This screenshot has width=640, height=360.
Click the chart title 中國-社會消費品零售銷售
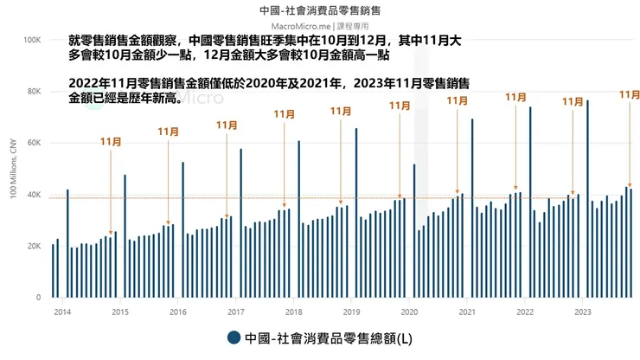[320, 11]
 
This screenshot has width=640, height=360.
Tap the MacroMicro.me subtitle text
[320, 26]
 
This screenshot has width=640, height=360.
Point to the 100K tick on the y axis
[31, 40]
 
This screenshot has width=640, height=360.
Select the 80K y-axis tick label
[34, 92]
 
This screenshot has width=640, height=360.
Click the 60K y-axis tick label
[34, 143]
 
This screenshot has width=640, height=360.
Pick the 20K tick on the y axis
[34, 247]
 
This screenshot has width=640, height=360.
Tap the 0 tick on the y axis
[39, 298]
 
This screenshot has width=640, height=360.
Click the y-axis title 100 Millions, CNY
[13, 169]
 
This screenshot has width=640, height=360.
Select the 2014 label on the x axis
[61, 312]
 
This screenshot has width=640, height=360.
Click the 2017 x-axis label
[235, 312]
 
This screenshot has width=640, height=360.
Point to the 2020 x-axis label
[410, 312]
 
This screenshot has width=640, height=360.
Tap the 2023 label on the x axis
[584, 312]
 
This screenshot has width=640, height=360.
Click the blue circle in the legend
[234, 337]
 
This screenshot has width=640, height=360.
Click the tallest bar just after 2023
[587, 199]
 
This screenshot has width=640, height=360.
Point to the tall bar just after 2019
[356, 213]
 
